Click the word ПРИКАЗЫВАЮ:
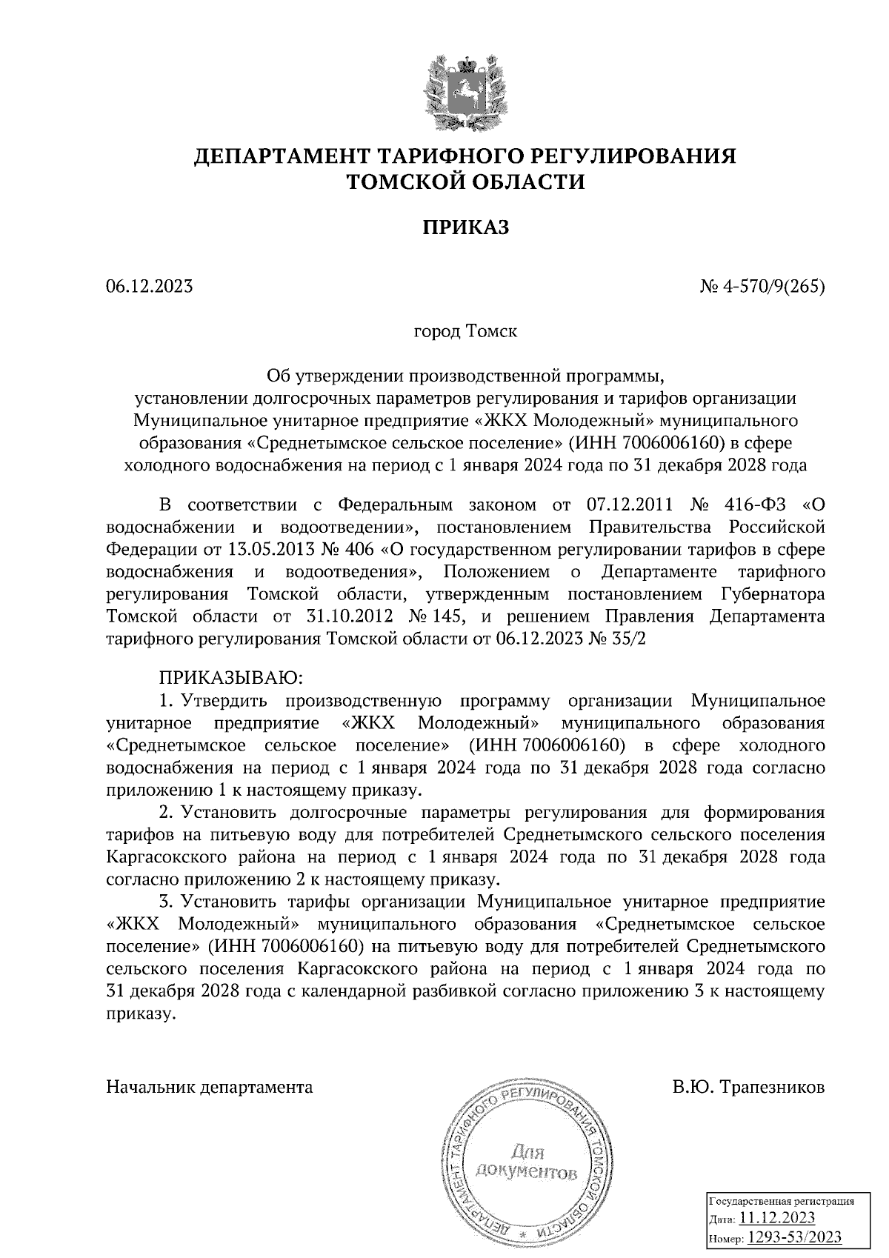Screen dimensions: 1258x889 click(228, 678)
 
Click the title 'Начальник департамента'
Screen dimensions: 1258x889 click(210, 1088)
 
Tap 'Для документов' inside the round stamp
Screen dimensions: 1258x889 click(527, 1162)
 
